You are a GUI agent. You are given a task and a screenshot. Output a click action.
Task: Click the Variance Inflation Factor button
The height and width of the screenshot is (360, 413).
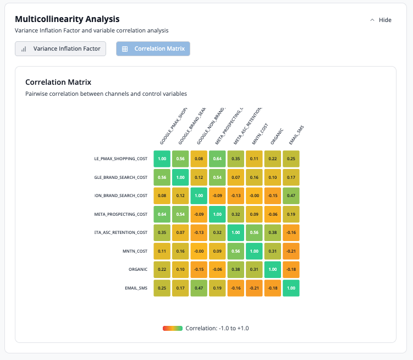(60, 48)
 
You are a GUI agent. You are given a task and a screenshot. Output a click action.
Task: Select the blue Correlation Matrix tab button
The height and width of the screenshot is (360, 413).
(153, 48)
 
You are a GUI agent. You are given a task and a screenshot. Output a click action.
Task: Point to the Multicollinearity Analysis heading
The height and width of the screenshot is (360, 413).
(67, 19)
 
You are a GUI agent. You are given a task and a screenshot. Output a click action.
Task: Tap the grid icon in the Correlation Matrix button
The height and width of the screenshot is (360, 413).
(125, 48)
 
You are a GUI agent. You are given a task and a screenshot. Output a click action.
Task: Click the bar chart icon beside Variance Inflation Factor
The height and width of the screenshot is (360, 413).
(24, 48)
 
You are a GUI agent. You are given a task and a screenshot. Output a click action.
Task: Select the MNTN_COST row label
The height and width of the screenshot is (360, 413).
(135, 251)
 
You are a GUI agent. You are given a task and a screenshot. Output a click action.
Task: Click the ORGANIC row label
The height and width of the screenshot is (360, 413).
(138, 269)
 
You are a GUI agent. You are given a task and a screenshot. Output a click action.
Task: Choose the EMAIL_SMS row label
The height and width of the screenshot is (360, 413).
(136, 288)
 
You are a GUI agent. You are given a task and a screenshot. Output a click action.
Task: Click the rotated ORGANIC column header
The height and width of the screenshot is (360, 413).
(276, 135)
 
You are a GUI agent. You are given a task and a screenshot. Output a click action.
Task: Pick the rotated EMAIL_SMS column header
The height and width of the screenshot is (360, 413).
(296, 135)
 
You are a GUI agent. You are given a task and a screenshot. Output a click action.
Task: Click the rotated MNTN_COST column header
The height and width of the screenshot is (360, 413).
(260, 133)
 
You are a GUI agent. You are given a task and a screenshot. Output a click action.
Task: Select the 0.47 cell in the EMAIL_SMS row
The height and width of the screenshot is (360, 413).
(199, 288)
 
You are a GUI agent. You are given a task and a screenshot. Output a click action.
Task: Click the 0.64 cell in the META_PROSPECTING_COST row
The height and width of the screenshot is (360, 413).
(162, 214)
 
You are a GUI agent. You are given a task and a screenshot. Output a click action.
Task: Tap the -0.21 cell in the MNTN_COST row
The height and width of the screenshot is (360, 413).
(291, 251)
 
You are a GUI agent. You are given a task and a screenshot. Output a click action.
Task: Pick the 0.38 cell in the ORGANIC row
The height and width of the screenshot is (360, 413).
(236, 269)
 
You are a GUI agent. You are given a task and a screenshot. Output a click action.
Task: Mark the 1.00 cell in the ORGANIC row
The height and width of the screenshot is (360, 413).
(273, 269)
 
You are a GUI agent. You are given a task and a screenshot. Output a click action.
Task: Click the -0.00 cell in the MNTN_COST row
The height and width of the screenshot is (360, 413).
(199, 251)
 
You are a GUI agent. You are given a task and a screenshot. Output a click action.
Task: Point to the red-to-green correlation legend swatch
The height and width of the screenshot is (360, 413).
(172, 328)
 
